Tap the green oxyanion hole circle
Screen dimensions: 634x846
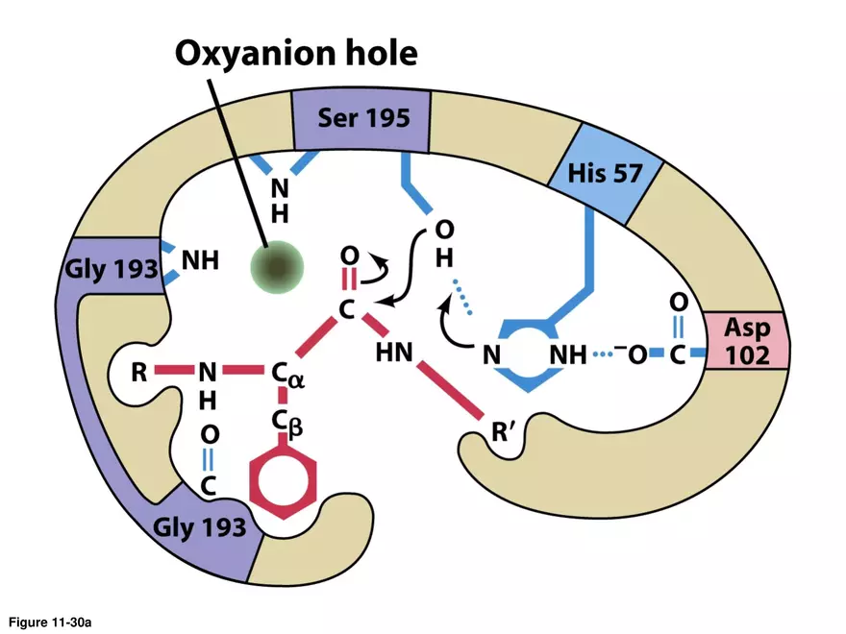pyautogui.click(x=277, y=266)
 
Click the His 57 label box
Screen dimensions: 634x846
pyautogui.click(x=604, y=175)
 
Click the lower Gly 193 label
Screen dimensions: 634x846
pyautogui.click(x=200, y=526)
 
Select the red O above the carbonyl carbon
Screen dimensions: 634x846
pyautogui.click(x=350, y=256)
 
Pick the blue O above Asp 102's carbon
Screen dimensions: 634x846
pyautogui.click(x=678, y=303)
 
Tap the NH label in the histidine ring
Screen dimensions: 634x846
pyautogui.click(x=567, y=354)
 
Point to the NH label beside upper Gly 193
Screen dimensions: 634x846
pyautogui.click(x=200, y=260)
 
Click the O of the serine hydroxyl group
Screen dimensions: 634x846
pyautogui.click(x=443, y=231)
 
